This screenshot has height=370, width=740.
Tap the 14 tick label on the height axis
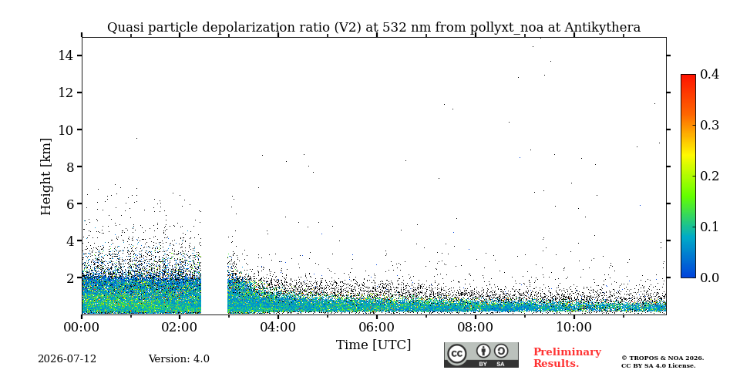64,55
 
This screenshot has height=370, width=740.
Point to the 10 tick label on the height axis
64,129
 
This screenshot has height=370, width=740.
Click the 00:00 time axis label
82,327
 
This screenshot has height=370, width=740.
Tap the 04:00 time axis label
278,327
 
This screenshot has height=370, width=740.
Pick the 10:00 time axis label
573,327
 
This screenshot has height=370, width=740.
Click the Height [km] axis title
45,177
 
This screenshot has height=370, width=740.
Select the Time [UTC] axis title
373,345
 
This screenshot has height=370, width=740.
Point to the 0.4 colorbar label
709,74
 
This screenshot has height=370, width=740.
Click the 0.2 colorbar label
709,176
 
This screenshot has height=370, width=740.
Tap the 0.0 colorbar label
709,277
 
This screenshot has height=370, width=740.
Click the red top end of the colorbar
688,76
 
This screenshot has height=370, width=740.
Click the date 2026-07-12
67,359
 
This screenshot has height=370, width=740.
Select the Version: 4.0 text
179,359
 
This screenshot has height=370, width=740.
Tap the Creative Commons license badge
481,355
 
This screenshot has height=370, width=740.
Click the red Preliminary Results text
567,358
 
